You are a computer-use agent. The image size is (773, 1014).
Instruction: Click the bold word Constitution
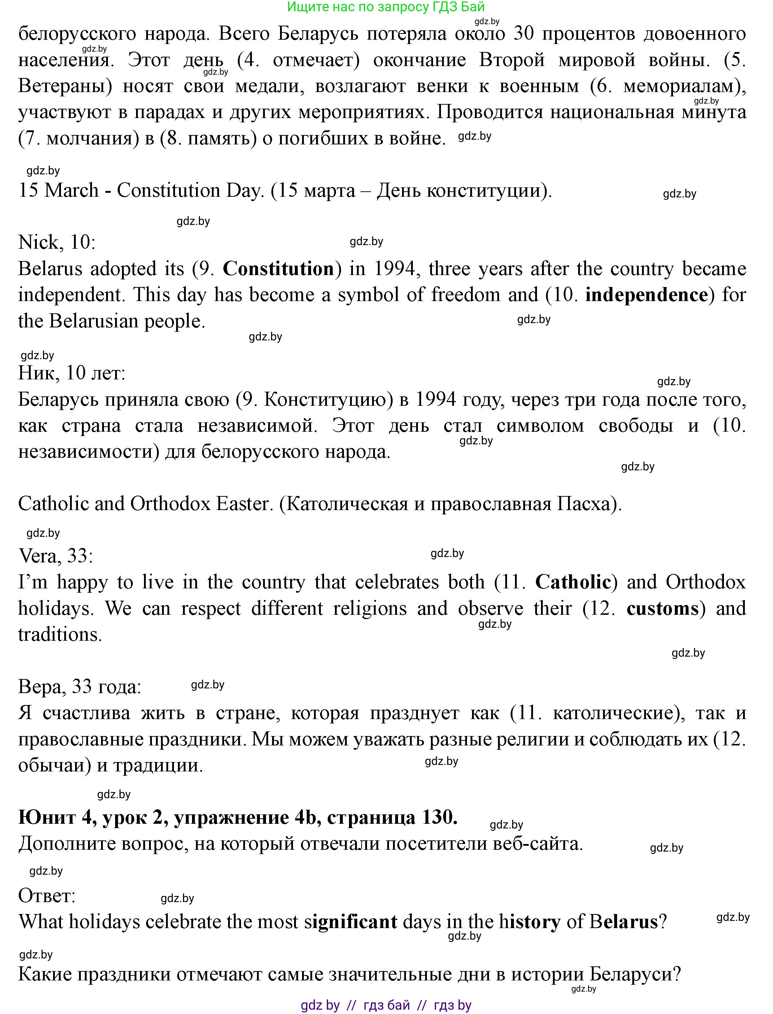coord(278,269)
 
